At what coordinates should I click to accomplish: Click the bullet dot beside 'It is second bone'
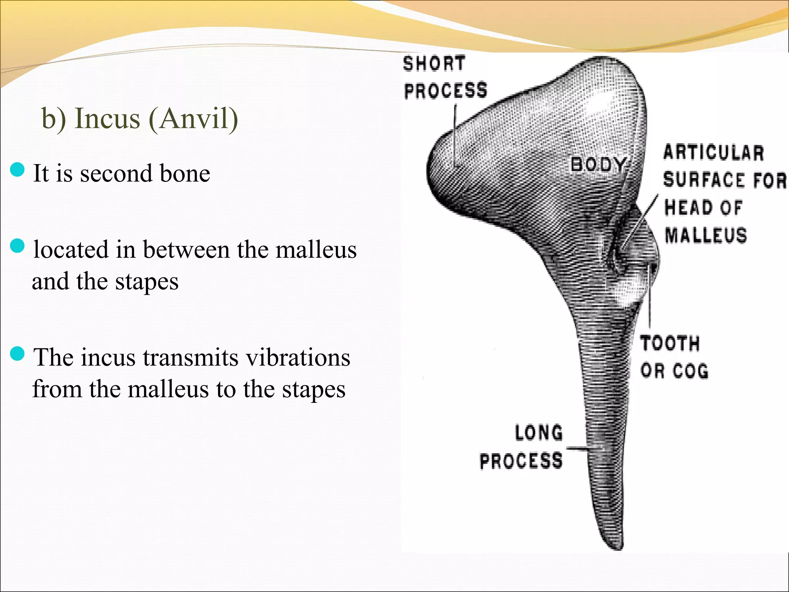click(x=17, y=170)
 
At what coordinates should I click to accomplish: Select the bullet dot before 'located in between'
click(x=17, y=246)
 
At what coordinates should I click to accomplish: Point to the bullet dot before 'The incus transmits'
click(x=17, y=353)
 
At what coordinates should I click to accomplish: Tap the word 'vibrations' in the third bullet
click(x=298, y=358)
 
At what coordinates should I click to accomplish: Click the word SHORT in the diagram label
click(x=434, y=64)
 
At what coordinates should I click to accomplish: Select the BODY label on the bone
click(x=598, y=165)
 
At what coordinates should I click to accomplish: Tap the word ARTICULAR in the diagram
click(x=713, y=153)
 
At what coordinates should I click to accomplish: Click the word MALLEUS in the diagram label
click(x=705, y=235)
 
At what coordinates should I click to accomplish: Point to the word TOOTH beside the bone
click(x=670, y=343)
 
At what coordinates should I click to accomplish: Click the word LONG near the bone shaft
click(x=539, y=433)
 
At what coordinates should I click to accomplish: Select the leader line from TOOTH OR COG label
click(x=649, y=301)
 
